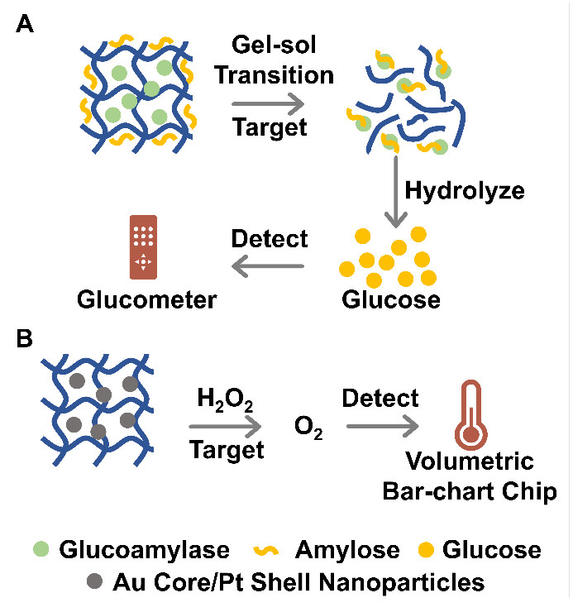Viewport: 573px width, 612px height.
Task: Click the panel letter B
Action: (26, 340)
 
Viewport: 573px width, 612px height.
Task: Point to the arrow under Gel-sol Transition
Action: (267, 103)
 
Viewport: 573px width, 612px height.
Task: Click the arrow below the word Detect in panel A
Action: (270, 266)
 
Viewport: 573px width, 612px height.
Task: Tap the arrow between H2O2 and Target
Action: (225, 426)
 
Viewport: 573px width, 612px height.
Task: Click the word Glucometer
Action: (147, 299)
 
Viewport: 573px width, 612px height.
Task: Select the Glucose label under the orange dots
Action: (391, 299)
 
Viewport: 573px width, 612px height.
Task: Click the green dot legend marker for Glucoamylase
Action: (40, 549)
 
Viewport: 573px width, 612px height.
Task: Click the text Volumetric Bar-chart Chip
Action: (469, 476)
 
